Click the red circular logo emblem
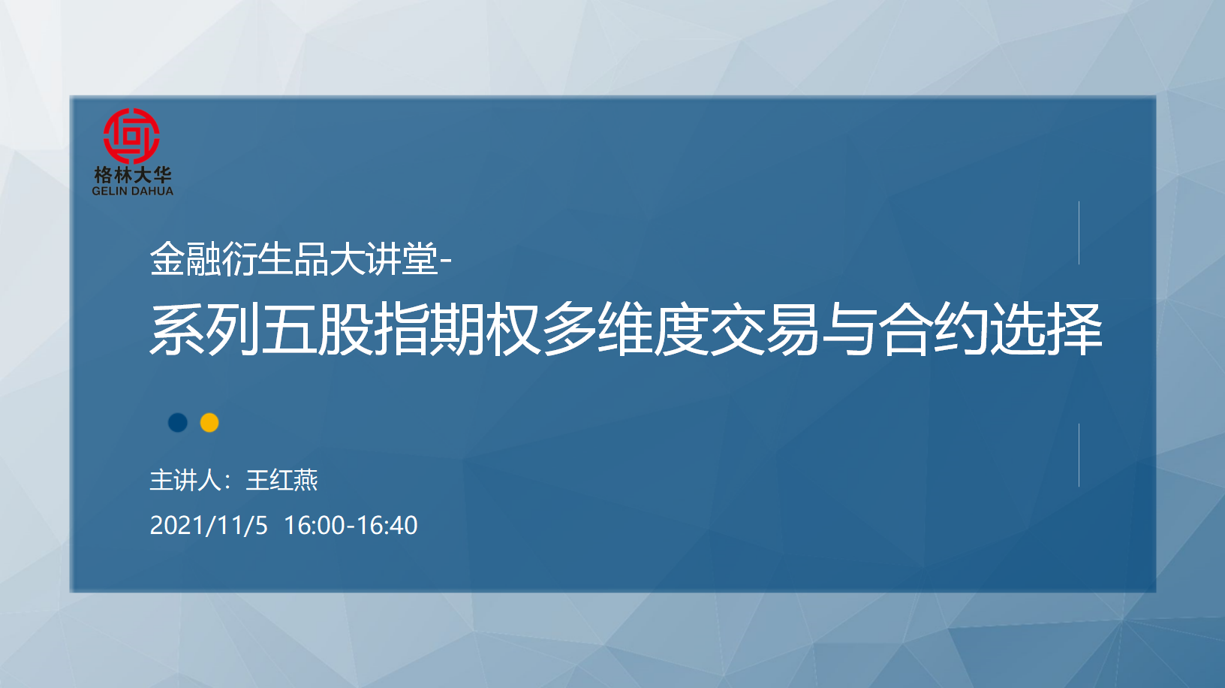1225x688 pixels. pos(131,136)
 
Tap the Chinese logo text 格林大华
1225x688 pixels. pos(132,175)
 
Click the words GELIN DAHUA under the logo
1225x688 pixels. pos(132,191)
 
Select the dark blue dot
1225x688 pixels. pos(178,423)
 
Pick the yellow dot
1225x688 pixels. pos(209,423)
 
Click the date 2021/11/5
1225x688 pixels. pos(209,526)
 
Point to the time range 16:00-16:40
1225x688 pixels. pos(351,526)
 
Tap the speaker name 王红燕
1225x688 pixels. pos(281,480)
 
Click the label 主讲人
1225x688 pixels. pos(185,480)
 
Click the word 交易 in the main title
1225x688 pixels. pos(765,330)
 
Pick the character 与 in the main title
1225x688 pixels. pos(849,330)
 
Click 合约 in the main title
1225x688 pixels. pos(933,330)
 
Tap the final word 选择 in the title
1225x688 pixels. pos(1046,330)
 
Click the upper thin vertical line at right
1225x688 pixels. pos(1079,233)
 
